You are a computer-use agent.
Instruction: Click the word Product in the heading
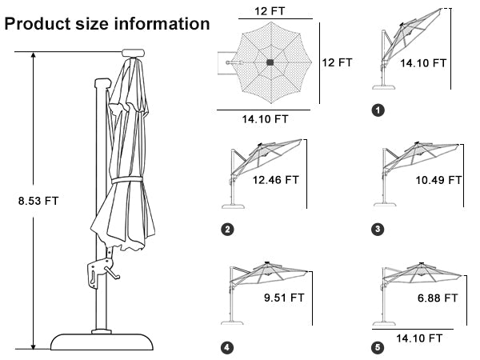click(38, 23)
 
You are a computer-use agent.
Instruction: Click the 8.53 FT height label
click(38, 201)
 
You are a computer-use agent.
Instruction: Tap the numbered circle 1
click(378, 110)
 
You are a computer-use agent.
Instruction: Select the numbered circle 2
click(227, 230)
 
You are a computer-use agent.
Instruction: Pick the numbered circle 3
click(378, 229)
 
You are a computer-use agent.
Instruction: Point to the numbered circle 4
click(227, 348)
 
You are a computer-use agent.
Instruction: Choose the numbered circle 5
click(378, 347)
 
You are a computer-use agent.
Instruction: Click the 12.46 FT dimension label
click(275, 180)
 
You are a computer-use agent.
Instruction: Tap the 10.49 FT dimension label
click(438, 180)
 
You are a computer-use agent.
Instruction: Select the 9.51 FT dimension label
click(284, 298)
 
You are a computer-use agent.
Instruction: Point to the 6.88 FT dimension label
click(438, 298)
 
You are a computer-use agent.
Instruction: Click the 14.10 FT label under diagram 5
click(419, 338)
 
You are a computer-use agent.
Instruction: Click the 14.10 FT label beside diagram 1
click(423, 63)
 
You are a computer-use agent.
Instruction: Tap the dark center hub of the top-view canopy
click(270, 62)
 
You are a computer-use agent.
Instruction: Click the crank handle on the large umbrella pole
click(111, 273)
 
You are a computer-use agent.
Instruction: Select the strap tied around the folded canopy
click(127, 180)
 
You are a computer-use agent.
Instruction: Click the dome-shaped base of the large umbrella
click(102, 342)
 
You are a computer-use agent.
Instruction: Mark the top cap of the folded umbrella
click(133, 53)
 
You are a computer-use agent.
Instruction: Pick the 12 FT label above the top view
click(270, 11)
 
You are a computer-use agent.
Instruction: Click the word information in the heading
click(162, 23)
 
